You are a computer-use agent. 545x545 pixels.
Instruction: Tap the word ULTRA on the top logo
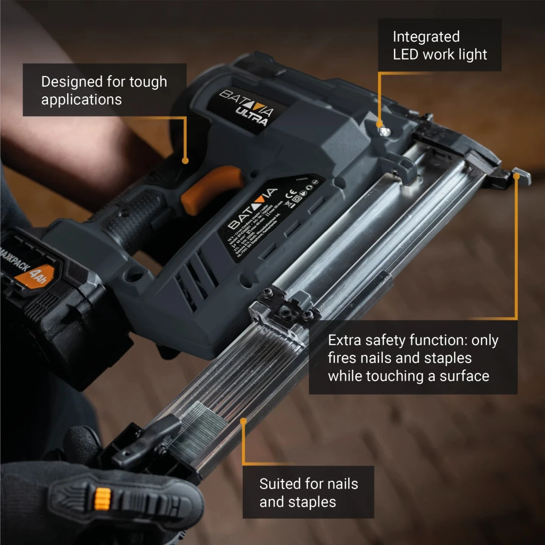253,115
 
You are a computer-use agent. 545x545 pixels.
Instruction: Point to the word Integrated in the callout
426,37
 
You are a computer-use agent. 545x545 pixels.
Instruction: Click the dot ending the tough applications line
185,160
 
